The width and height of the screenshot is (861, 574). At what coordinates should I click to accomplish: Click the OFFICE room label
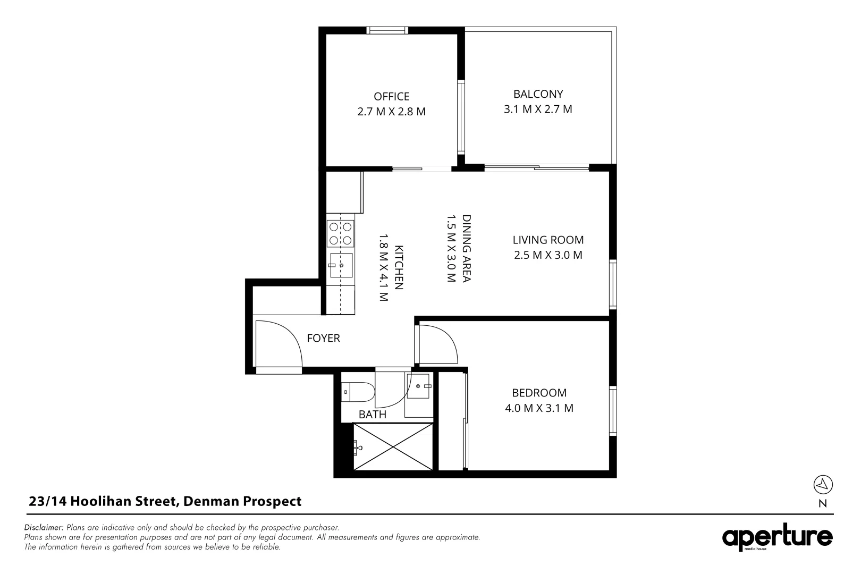point(391,96)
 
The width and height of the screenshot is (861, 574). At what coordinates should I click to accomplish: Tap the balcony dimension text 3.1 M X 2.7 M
point(538,109)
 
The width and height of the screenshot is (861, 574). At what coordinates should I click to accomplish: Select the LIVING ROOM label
point(548,240)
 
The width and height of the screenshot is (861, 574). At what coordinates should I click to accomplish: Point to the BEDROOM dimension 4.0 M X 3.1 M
point(539,408)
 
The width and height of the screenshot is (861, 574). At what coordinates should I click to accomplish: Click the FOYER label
point(323,338)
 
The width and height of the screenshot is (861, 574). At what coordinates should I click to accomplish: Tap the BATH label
point(372,415)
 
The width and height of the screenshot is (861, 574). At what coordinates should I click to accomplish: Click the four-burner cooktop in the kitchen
point(341,233)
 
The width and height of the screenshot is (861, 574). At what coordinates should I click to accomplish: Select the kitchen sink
point(341,265)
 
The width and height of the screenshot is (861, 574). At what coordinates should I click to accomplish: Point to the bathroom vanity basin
point(419,384)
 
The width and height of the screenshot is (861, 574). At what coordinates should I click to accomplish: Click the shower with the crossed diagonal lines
point(393,446)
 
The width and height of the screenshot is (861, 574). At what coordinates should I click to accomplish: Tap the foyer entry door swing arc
point(282,340)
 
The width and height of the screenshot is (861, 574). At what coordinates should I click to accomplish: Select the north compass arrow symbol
point(823,484)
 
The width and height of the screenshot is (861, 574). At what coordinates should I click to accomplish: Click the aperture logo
point(777,538)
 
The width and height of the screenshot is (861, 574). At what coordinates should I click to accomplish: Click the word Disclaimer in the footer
point(44,528)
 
